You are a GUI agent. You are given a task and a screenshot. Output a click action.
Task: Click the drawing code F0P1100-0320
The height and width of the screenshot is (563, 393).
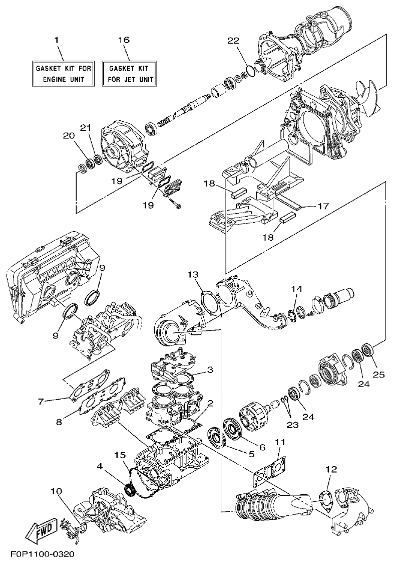point(42,554)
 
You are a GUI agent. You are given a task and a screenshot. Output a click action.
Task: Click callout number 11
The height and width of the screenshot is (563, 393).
point(280,442)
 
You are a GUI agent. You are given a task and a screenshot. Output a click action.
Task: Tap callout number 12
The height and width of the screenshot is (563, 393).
point(331,470)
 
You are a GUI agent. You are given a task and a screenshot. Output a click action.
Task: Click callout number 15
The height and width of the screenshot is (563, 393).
point(119,455)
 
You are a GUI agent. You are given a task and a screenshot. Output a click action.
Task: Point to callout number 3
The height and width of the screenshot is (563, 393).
point(210,369)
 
